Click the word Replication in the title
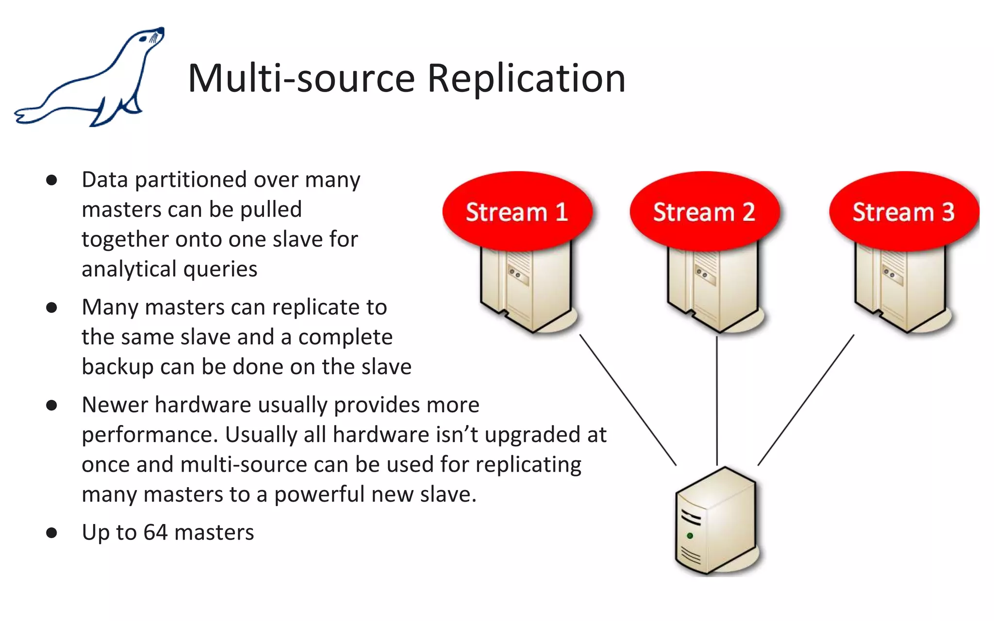tap(526, 79)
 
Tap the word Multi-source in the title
tap(301, 79)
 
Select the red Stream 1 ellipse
tap(517, 212)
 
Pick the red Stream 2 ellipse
tap(704, 212)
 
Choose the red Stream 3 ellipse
tap(904, 212)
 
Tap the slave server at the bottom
tap(716, 522)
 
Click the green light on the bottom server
tap(690, 536)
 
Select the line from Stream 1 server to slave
tap(628, 400)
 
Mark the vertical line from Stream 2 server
tap(717, 400)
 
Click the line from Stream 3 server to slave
tap(806, 400)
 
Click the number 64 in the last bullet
tap(155, 532)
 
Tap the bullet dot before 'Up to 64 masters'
tap(51, 533)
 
